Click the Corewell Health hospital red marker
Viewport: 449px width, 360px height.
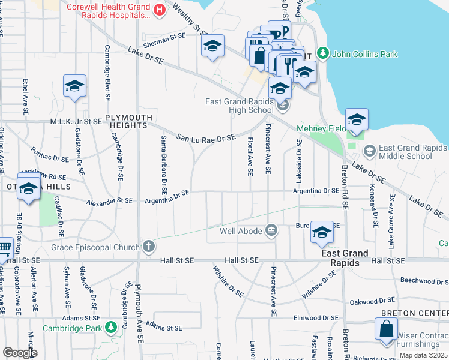tap(159, 10)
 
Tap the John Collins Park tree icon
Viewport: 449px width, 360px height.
tap(323, 54)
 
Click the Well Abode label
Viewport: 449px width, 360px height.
tap(241, 230)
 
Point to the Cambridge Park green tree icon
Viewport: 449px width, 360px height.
tap(110, 328)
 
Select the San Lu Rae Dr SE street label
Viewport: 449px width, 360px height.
tap(206, 138)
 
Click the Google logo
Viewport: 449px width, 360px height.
tap(20, 353)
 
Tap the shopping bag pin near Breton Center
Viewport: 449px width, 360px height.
tap(386, 330)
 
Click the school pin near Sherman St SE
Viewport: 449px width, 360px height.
tap(212, 46)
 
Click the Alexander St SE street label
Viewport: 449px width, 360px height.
tap(109, 201)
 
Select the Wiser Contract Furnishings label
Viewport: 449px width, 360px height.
tap(418, 340)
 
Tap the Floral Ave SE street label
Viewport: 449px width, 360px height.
tap(250, 157)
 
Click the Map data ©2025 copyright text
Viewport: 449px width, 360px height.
tap(424, 356)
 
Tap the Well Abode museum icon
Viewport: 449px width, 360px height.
tap(271, 230)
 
